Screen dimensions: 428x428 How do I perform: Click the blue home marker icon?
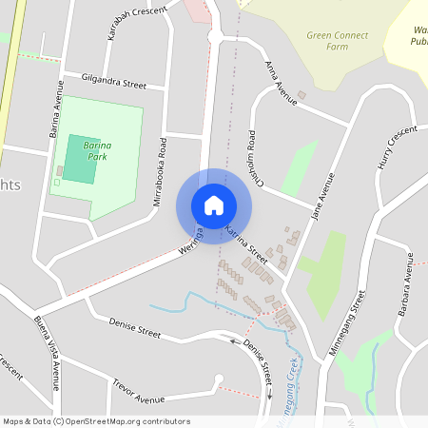coord(214,204)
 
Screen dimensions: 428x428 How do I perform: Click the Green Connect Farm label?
coord(337,41)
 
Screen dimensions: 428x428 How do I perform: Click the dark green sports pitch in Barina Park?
coord(80,159)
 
